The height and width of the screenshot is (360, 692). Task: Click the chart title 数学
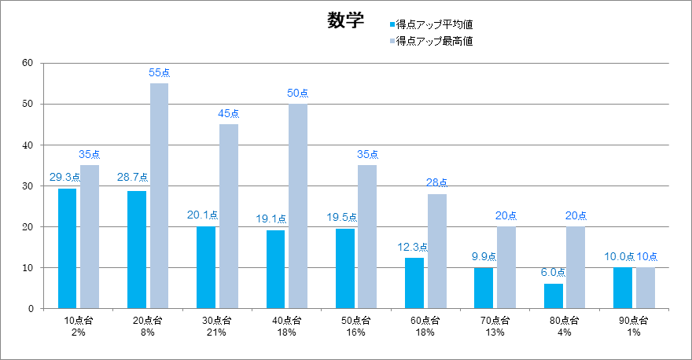click(x=345, y=21)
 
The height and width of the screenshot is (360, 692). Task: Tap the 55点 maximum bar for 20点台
click(x=159, y=196)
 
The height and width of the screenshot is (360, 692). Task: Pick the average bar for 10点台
click(x=68, y=248)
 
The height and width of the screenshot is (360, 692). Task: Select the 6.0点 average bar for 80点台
click(x=553, y=296)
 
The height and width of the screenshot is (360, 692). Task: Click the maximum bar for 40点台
click(x=298, y=206)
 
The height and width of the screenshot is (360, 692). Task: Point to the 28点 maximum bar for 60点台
click(x=437, y=251)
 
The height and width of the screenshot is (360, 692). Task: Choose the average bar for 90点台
click(x=623, y=288)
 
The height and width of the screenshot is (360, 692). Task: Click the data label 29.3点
click(x=64, y=178)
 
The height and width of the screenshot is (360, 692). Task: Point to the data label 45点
click(x=229, y=114)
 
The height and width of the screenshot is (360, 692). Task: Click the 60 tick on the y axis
click(x=27, y=63)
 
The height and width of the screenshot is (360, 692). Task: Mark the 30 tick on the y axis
click(x=27, y=186)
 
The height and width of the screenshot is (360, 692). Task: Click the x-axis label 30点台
click(x=217, y=321)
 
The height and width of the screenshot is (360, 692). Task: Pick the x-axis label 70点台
click(x=495, y=321)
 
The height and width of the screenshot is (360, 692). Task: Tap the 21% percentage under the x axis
click(x=217, y=332)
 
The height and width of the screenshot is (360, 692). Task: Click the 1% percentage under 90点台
click(x=634, y=332)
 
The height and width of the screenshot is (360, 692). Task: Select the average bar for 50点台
click(x=345, y=268)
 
